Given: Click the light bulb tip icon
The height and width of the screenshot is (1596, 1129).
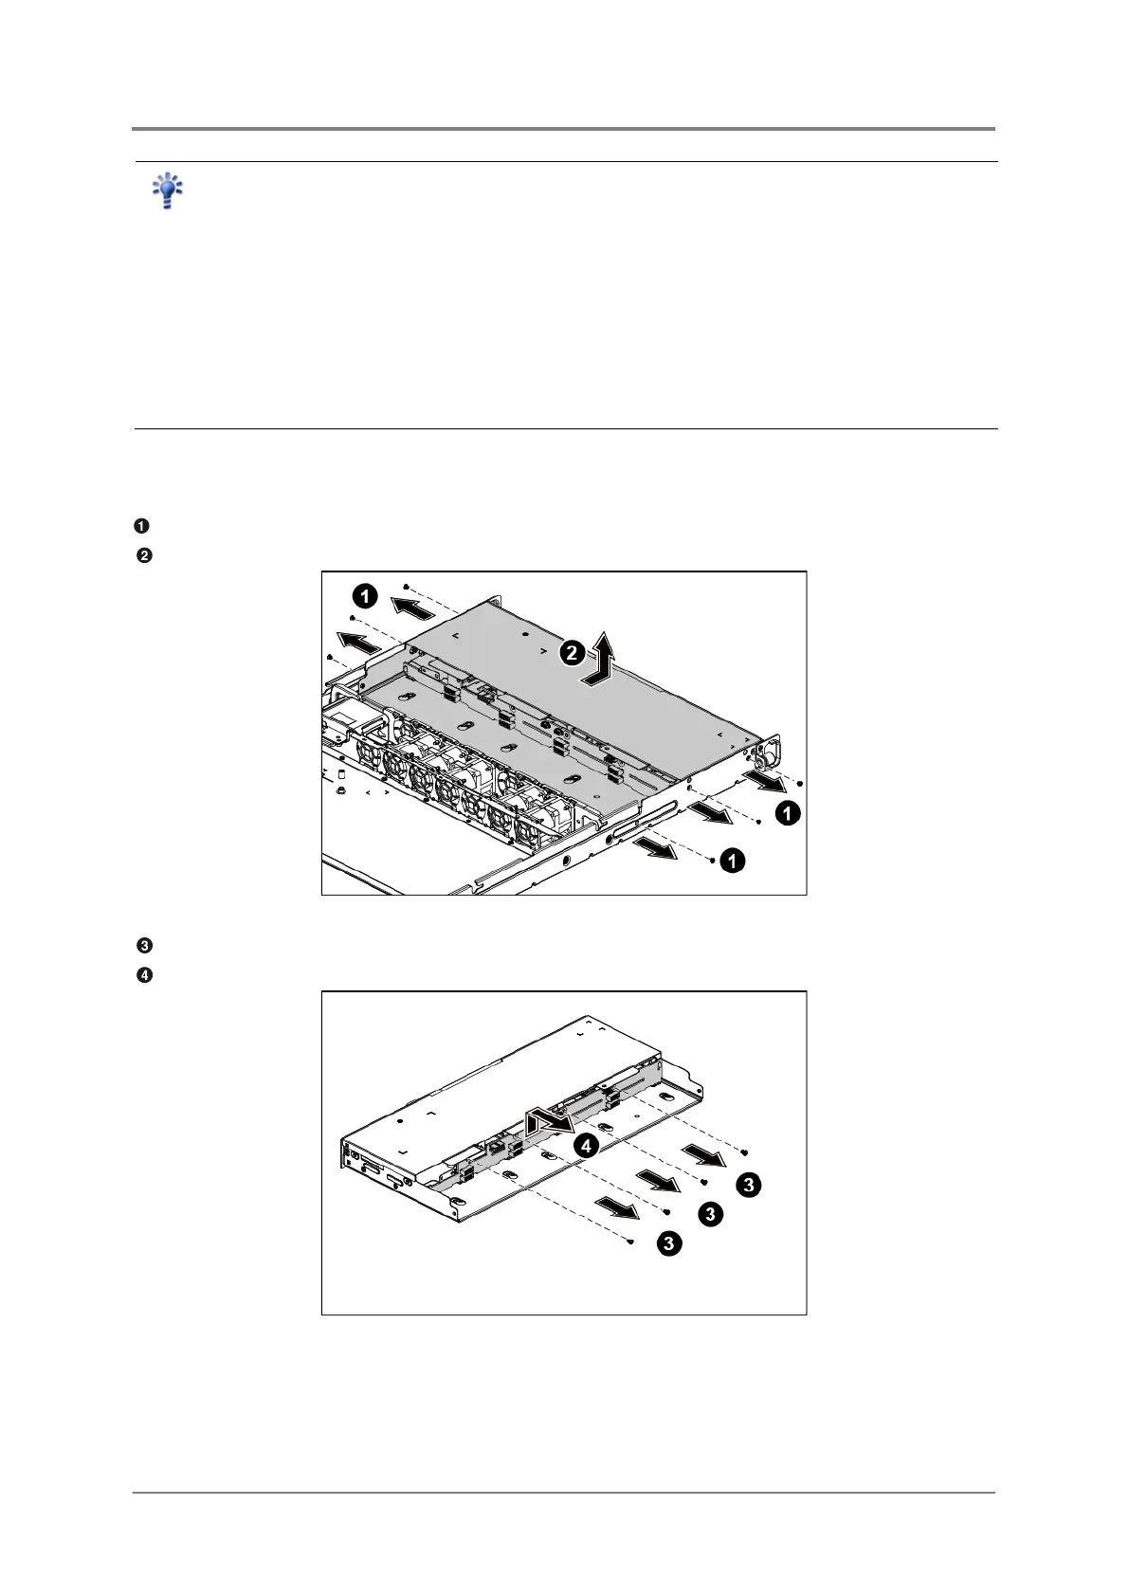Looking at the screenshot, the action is click(168, 190).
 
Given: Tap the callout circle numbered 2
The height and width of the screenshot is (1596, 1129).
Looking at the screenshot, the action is click(572, 651).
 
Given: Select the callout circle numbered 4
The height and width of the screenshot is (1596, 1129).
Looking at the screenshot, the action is click(587, 1146).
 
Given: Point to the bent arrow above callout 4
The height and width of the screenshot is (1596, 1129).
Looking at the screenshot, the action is click(548, 1121).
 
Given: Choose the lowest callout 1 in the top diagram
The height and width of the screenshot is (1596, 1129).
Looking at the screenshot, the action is click(732, 861).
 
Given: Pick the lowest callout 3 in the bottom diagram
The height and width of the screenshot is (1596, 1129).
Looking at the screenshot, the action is click(668, 1244).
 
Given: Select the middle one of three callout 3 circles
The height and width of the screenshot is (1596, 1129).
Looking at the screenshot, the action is click(710, 1215).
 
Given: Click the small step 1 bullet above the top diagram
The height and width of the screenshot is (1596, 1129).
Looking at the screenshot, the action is click(139, 526).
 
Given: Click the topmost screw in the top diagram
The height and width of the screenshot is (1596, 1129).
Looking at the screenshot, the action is click(406, 588).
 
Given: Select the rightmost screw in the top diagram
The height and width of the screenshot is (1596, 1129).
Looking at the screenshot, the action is click(801, 784).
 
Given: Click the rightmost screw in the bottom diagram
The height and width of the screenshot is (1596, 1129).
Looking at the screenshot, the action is click(744, 1152).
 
